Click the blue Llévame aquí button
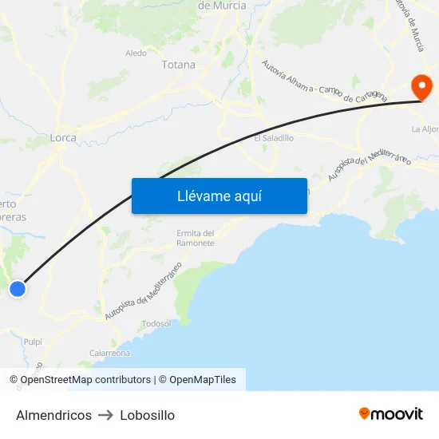point(219,196)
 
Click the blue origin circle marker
point(17,289)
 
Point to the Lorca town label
point(63,137)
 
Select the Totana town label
point(178,65)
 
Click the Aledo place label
point(136,53)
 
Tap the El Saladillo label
point(274,138)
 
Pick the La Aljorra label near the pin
point(425,129)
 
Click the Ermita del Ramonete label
point(196,238)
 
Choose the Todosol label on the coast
point(156,323)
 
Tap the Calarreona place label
point(109,353)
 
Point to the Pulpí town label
point(33,341)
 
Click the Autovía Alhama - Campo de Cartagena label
point(324,83)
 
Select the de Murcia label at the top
point(222,6)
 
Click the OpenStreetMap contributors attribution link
point(85,380)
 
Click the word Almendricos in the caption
point(53,415)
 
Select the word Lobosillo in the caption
point(147,415)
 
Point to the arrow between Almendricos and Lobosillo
point(105,415)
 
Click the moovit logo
point(390,413)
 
